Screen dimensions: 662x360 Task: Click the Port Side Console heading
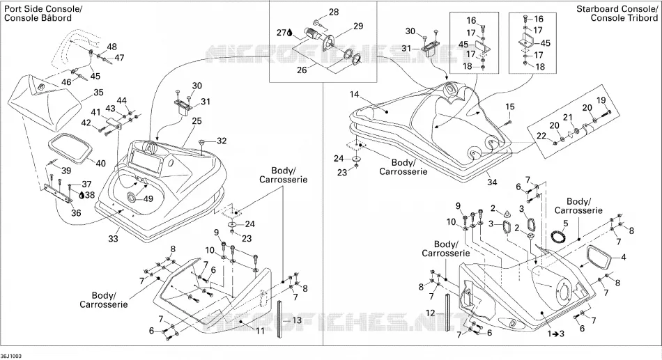click(x=37, y=13)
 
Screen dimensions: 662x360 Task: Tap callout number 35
click(x=98, y=93)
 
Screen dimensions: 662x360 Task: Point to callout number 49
click(x=148, y=198)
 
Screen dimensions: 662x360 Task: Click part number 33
click(x=113, y=238)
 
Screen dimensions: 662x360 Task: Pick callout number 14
click(x=354, y=95)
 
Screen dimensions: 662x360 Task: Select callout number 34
click(x=492, y=182)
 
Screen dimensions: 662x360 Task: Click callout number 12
click(x=430, y=313)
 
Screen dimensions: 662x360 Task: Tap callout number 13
click(x=297, y=320)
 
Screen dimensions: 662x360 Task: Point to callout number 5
click(x=566, y=222)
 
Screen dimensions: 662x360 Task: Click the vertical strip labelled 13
click(x=280, y=319)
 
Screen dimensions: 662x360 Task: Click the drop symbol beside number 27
click(x=290, y=33)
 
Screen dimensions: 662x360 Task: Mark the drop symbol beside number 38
click(x=82, y=194)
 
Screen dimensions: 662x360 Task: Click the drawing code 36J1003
click(x=11, y=357)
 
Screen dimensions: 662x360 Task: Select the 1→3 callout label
click(x=555, y=334)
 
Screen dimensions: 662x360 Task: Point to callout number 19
click(x=601, y=100)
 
